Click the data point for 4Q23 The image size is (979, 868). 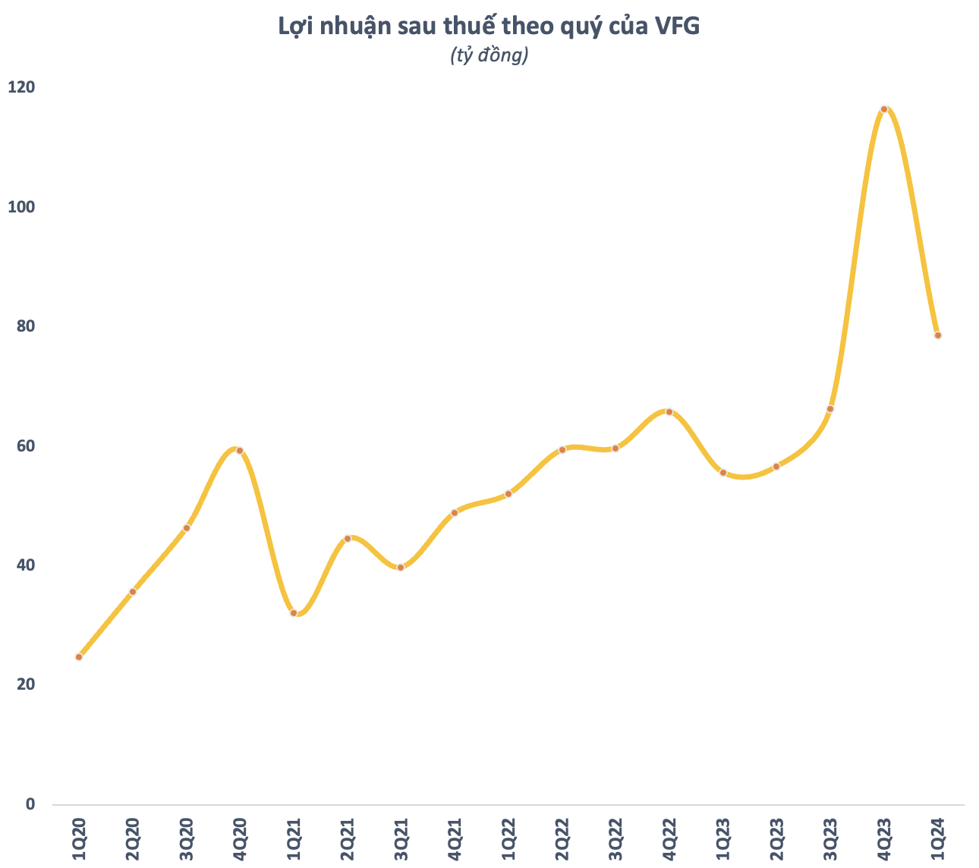pyautogui.click(x=883, y=109)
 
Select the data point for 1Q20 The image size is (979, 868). pyautogui.click(x=79, y=657)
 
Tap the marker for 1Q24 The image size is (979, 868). pyautogui.click(x=938, y=335)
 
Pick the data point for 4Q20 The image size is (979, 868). pyautogui.click(x=240, y=451)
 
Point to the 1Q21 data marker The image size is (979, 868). pyautogui.click(x=294, y=613)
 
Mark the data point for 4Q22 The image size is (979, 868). pyautogui.click(x=669, y=412)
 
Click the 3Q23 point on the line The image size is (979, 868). pyautogui.click(x=830, y=409)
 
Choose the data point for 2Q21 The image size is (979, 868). pyautogui.click(x=348, y=539)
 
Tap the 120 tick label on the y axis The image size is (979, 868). pyautogui.click(x=21, y=87)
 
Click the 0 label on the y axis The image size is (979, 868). pyautogui.click(x=30, y=804)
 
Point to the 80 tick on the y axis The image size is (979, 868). pyautogui.click(x=26, y=326)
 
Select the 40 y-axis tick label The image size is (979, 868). pyautogui.click(x=26, y=565)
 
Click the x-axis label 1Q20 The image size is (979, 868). pyautogui.click(x=79, y=839)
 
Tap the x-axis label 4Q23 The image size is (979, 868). pyautogui.click(x=884, y=839)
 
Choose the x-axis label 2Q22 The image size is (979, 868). pyautogui.click(x=562, y=839)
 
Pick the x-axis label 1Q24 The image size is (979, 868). pyautogui.click(x=938, y=839)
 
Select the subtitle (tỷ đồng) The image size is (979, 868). pyautogui.click(x=489, y=55)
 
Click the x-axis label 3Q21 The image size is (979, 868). pyautogui.click(x=401, y=839)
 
